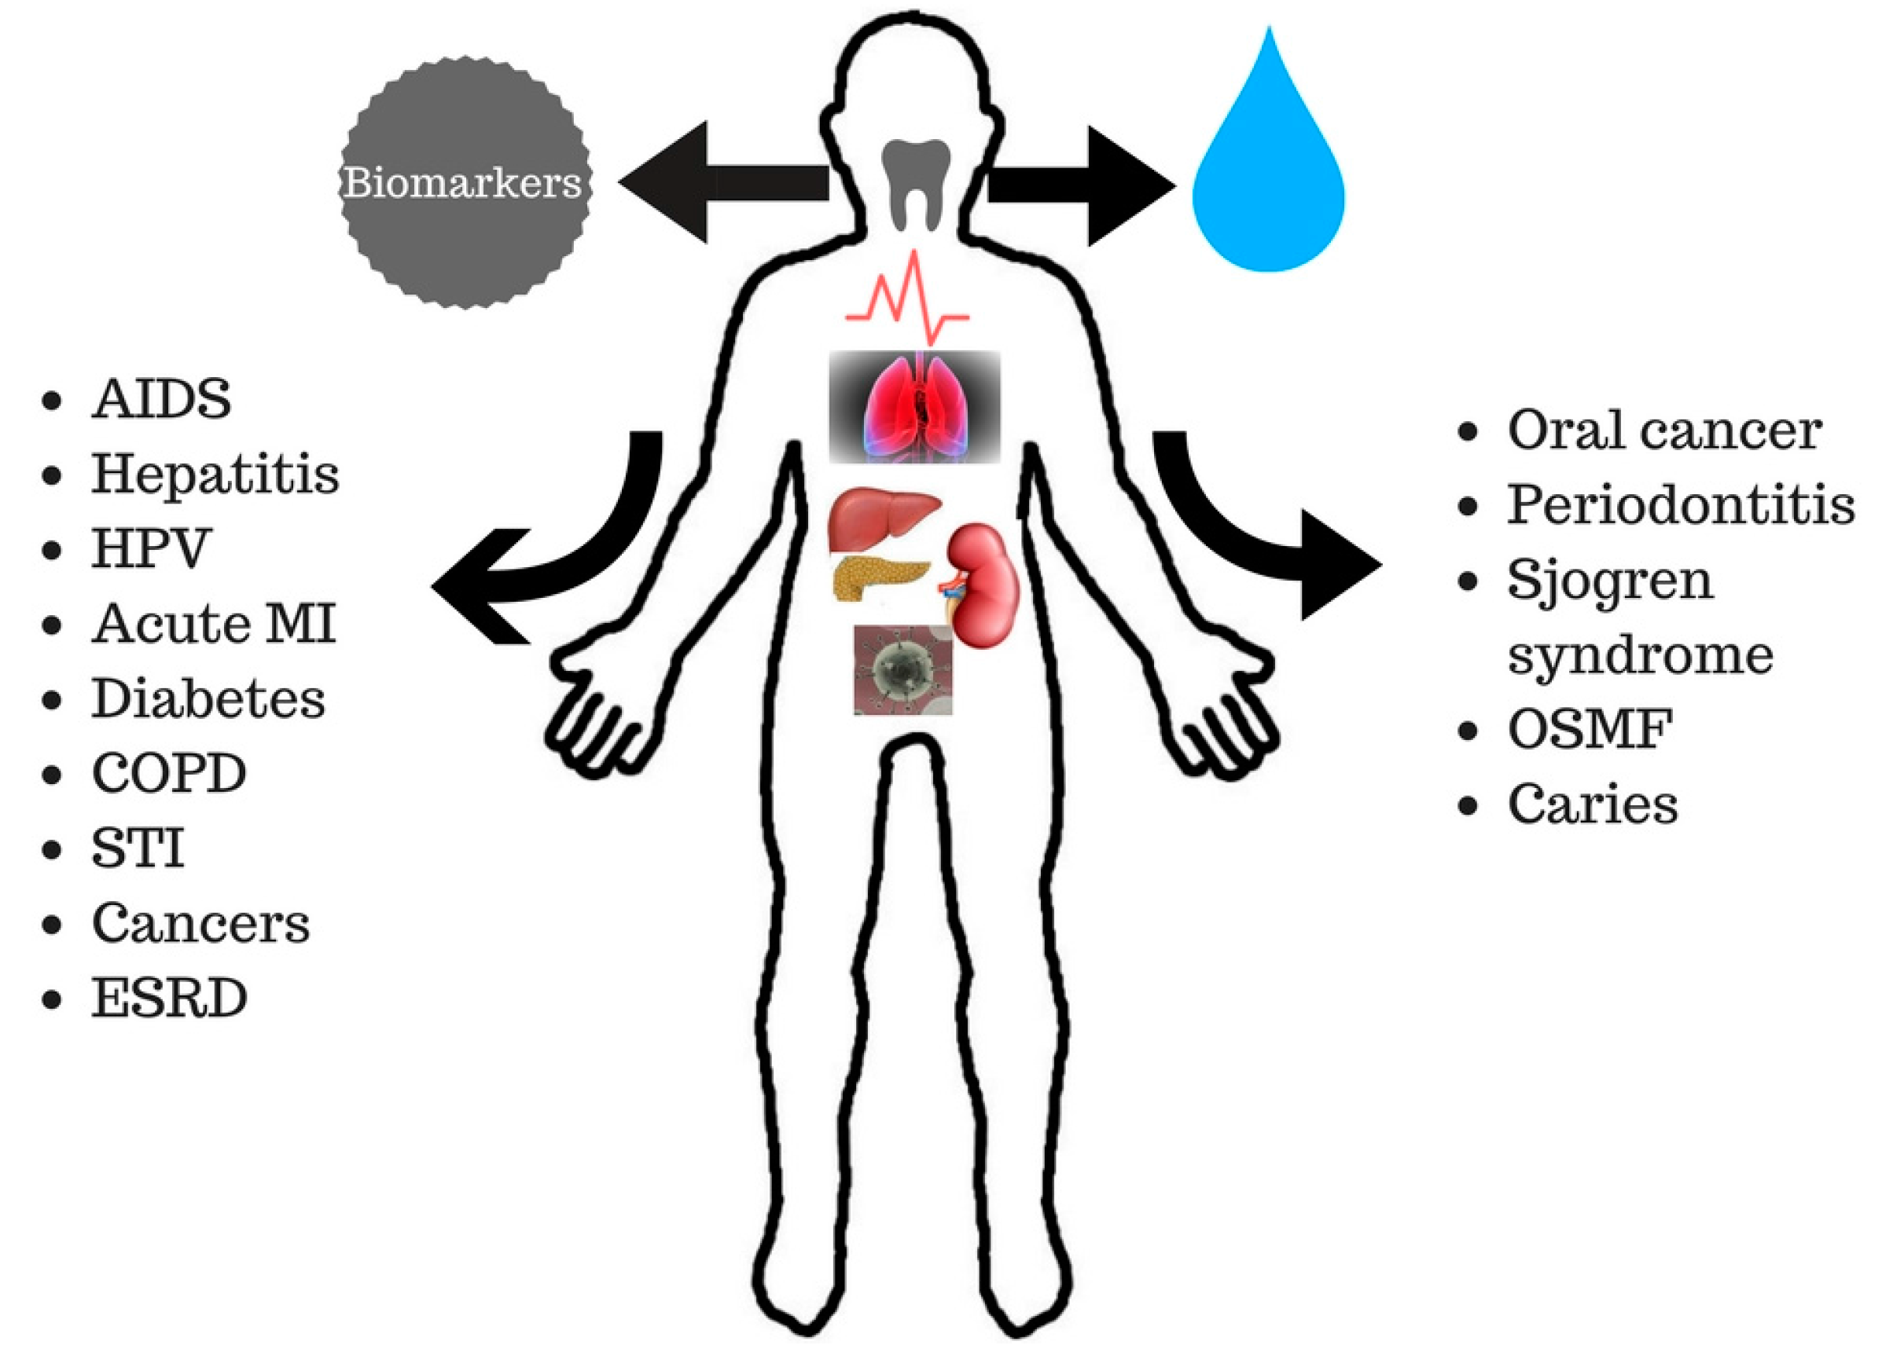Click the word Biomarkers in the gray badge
pyautogui.click(x=463, y=183)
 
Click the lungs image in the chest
pyautogui.click(x=914, y=405)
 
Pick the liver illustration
pyautogui.click(x=884, y=515)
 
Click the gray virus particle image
pyautogui.click(x=902, y=669)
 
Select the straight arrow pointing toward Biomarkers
pyautogui.click(x=722, y=182)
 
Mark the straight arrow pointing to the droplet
pyautogui.click(x=1079, y=186)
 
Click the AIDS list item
pyautogui.click(x=162, y=399)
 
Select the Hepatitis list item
pyautogui.click(x=215, y=475)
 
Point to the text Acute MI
pyautogui.click(x=213, y=624)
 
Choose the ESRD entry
pyautogui.click(x=169, y=998)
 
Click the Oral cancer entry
pyautogui.click(x=1663, y=431)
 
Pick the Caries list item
pyautogui.click(x=1593, y=804)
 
